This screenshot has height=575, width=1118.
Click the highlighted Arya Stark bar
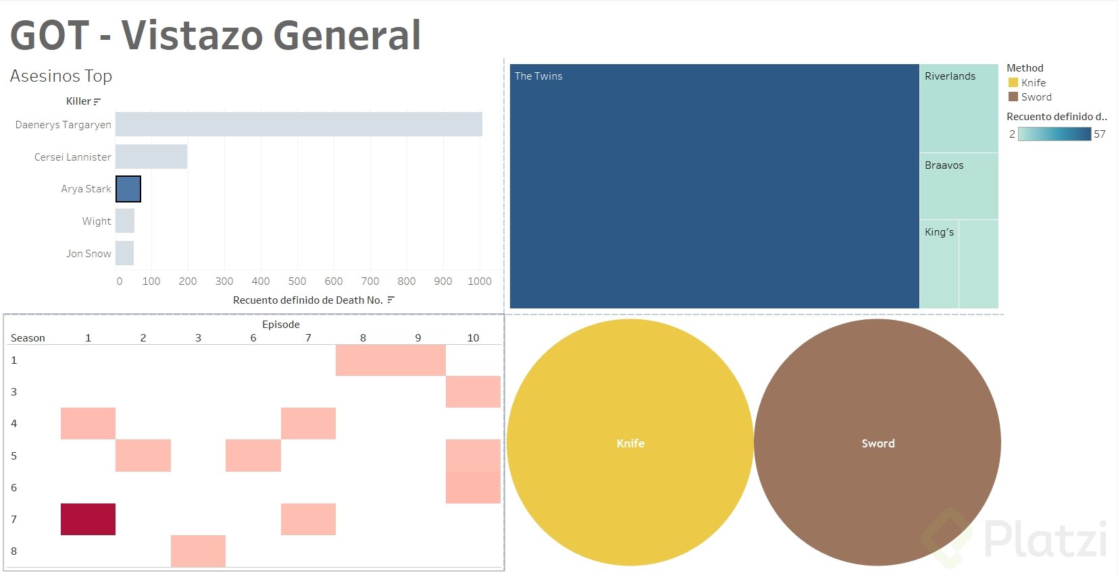click(128, 189)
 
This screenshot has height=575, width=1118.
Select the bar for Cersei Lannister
click(151, 157)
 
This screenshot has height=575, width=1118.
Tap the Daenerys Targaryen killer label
click(63, 125)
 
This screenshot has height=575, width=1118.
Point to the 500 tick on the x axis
click(297, 281)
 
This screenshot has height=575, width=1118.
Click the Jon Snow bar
click(124, 253)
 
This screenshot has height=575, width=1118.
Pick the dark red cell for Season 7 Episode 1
click(88, 519)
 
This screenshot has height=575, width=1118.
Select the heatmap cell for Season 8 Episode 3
click(198, 551)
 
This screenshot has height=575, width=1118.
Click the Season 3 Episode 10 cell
click(473, 392)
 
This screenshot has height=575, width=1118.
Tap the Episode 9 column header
click(418, 337)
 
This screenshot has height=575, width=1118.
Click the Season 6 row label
click(14, 487)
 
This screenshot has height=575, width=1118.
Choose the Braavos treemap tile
click(959, 186)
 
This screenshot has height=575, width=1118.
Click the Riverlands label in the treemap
click(950, 76)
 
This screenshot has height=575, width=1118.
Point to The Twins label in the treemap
click(538, 76)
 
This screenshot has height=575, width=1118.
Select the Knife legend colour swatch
click(1013, 82)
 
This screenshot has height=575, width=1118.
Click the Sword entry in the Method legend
click(1036, 97)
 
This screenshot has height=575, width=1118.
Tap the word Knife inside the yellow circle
click(630, 443)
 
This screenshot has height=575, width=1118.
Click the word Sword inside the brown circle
click(878, 443)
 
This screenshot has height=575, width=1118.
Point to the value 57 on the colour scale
click(1100, 134)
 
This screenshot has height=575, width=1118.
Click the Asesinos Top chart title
click(61, 76)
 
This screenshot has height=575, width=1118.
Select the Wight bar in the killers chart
click(125, 221)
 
